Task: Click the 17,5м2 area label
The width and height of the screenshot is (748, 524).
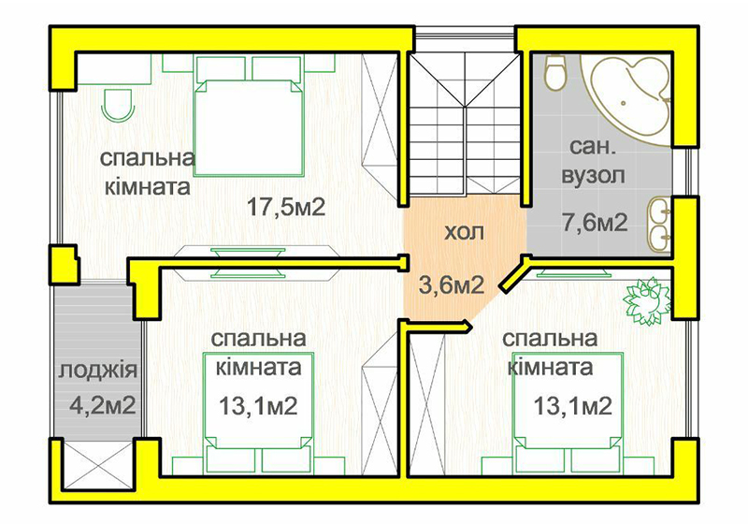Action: tap(286, 208)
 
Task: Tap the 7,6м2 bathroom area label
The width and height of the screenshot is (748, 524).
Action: tap(595, 223)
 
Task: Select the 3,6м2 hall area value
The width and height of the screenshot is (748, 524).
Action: tap(452, 284)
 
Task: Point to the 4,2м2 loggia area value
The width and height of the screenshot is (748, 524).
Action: tap(103, 406)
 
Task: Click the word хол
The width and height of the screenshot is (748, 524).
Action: tap(464, 232)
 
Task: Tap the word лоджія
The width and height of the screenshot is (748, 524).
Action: tap(98, 370)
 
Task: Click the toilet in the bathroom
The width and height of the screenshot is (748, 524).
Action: tap(554, 73)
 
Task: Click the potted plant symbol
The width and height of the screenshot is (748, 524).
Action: tap(647, 301)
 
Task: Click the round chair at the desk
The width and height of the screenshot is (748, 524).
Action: tap(118, 105)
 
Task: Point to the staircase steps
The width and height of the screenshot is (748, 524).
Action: tap(465, 124)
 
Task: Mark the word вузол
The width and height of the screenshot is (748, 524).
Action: tap(593, 176)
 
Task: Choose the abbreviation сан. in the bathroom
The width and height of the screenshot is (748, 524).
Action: tap(593, 147)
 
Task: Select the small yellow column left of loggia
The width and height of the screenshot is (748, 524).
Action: tap(64, 266)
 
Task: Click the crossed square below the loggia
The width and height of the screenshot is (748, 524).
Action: tap(99, 463)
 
